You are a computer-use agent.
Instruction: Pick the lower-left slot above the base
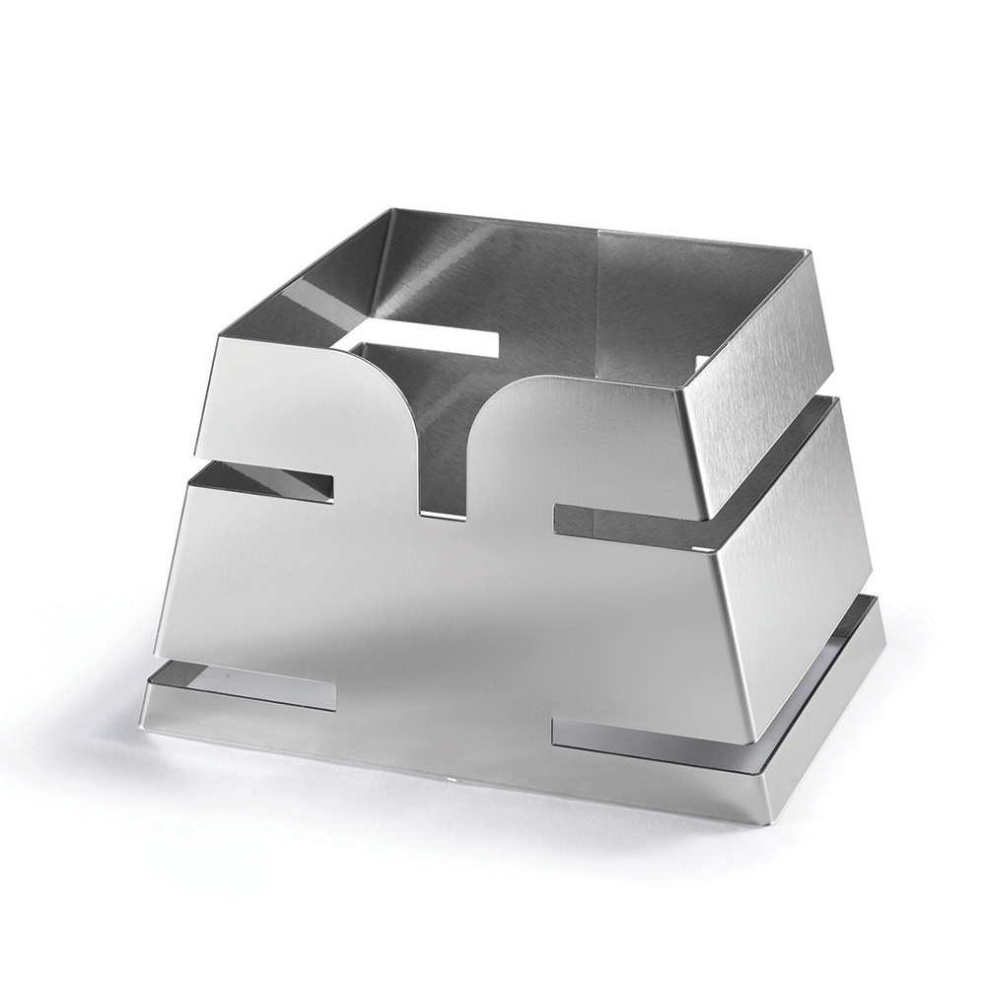pos(246,685)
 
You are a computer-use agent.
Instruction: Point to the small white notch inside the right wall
pos(701,362)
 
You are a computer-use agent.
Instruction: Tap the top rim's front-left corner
pos(219,336)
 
